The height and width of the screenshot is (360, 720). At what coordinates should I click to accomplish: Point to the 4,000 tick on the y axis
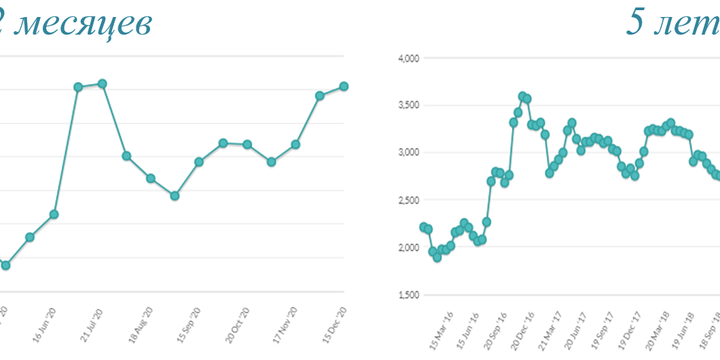(410, 58)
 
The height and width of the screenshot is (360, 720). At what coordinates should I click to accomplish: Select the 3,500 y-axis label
(410, 105)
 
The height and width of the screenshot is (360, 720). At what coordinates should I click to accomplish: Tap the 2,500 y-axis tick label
(410, 200)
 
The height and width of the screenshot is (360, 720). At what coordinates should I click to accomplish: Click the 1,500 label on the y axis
(410, 295)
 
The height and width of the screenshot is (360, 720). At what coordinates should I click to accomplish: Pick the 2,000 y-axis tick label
(410, 247)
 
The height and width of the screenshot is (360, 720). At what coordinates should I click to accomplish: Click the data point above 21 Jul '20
(103, 84)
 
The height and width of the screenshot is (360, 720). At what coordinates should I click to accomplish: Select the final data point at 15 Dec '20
(344, 86)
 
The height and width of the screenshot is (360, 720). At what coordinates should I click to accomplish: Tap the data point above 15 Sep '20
(199, 162)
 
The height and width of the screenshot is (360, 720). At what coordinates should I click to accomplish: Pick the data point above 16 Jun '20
(54, 215)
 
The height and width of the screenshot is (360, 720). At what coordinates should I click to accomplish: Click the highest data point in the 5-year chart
(522, 96)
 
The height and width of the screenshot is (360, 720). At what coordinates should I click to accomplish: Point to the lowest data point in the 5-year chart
(437, 257)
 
